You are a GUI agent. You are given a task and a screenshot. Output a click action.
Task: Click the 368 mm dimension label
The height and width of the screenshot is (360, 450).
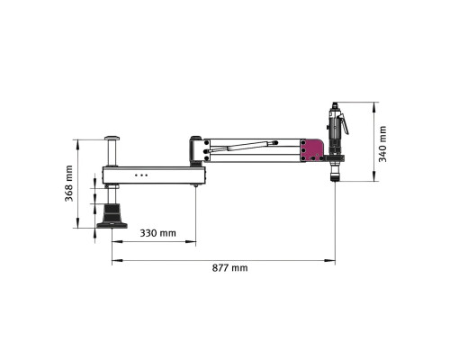point(69,184)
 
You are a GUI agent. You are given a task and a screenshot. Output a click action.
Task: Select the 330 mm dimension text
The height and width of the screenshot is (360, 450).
point(157,233)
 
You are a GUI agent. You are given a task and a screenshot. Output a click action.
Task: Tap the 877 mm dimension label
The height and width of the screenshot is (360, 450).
point(229,267)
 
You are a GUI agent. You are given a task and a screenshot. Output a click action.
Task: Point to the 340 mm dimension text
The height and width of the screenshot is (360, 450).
point(382,144)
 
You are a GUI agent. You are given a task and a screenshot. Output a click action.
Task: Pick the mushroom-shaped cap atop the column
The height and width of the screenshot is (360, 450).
point(112,139)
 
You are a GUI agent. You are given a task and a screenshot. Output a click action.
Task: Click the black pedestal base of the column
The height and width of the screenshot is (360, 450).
point(112,216)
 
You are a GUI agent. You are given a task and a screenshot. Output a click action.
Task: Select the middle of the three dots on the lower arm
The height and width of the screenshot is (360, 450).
point(141,175)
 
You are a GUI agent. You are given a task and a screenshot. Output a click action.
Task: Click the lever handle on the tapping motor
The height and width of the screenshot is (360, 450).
point(345,124)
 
